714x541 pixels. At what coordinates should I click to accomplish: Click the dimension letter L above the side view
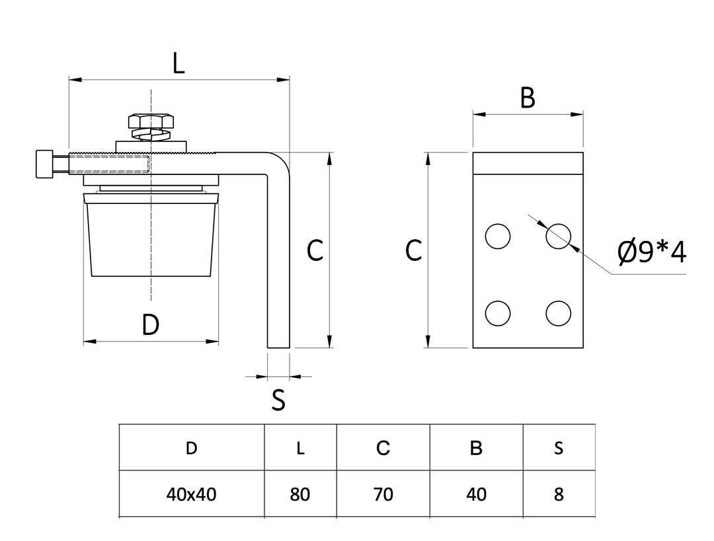(178, 63)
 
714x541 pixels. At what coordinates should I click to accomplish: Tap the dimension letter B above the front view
(527, 98)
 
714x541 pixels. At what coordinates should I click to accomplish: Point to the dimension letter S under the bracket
(278, 400)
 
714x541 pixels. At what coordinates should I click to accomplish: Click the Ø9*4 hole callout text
(652, 252)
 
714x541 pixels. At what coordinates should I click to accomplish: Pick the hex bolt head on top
(151, 121)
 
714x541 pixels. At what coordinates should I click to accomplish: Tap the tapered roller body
(151, 236)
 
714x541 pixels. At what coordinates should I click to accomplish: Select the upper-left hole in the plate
(498, 236)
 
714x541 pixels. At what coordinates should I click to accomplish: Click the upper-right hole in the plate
(559, 236)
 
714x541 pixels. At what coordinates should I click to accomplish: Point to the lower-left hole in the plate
(498, 313)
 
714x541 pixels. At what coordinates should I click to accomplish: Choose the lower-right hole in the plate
(559, 313)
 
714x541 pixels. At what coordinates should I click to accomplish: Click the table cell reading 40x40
(191, 494)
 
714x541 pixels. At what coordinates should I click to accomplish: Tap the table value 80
(300, 494)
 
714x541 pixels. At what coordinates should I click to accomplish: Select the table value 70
(383, 494)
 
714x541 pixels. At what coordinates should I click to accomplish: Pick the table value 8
(559, 494)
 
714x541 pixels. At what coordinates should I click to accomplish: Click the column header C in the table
(383, 448)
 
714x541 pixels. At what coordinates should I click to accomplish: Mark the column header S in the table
(559, 448)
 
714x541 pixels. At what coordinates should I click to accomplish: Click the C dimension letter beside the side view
(315, 250)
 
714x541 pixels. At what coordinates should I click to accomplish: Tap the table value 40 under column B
(476, 494)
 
